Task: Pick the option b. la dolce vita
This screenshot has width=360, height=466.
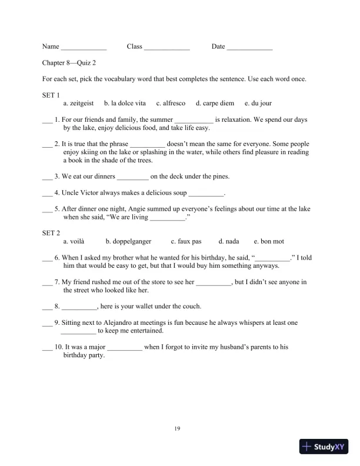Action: pyautogui.click(x=125, y=103)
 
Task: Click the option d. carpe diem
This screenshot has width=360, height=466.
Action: pyautogui.click(x=215, y=103)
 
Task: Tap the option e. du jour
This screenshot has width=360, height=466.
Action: pyautogui.click(x=258, y=103)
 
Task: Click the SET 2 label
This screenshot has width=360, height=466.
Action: pyautogui.click(x=51, y=233)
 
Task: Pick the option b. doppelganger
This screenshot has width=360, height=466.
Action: pyautogui.click(x=128, y=241)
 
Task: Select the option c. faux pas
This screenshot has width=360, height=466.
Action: pyautogui.click(x=186, y=241)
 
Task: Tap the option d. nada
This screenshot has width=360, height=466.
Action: pyautogui.click(x=229, y=241)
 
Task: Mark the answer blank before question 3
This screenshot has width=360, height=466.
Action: pyautogui.click(x=47, y=178)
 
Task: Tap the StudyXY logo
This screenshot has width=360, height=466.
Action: pyautogui.click(x=324, y=447)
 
